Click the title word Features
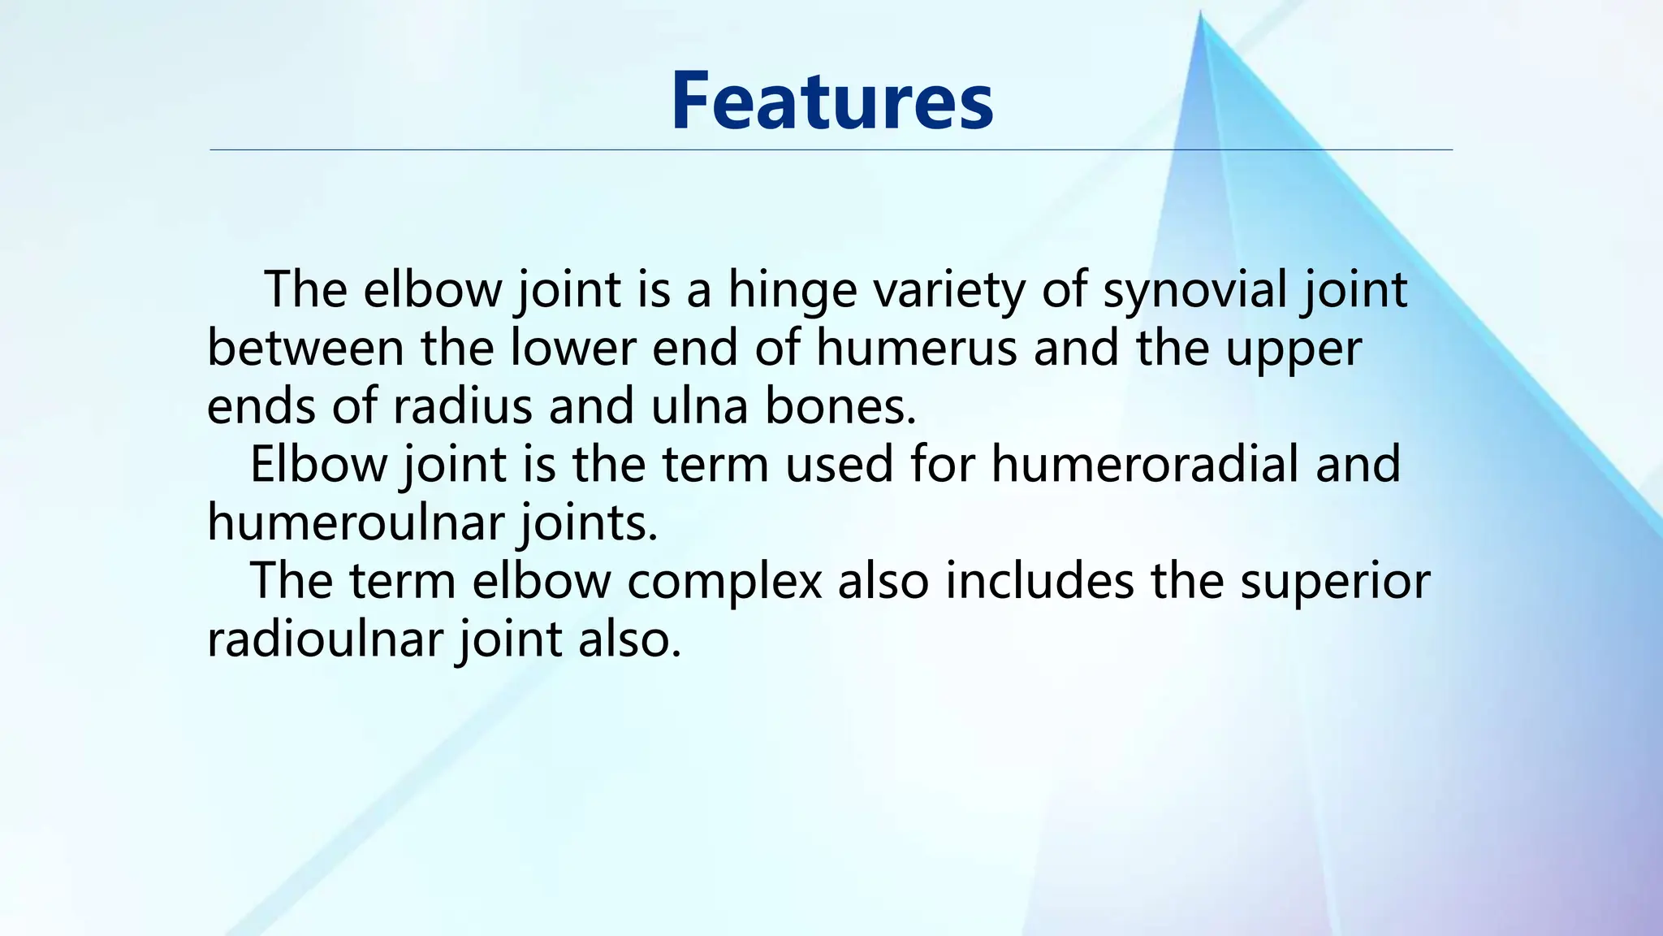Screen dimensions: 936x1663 click(831, 101)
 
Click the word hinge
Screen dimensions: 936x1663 click(792, 290)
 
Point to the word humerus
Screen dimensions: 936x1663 click(916, 349)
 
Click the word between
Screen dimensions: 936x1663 click(305, 349)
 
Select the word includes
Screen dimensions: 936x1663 click(1039, 582)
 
